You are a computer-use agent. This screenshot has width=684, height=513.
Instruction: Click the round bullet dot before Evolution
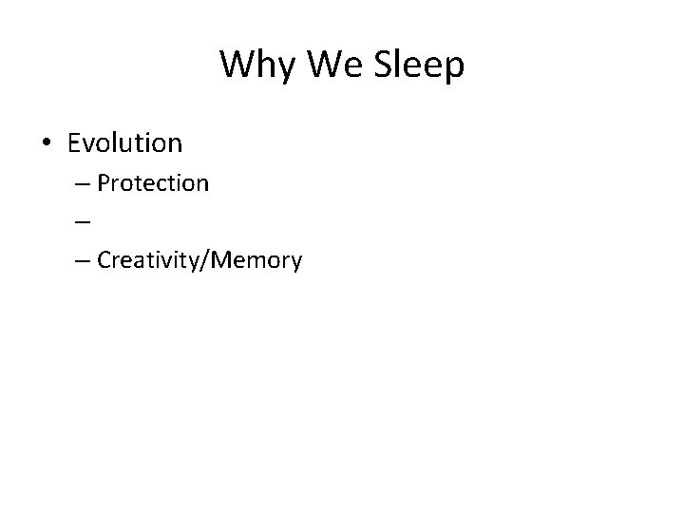[47, 144]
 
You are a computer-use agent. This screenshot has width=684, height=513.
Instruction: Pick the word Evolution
[124, 143]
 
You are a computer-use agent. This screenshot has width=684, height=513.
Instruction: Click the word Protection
[152, 182]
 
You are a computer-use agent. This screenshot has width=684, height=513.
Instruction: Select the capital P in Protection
[104, 182]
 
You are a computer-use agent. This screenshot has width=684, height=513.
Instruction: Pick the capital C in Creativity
[104, 259]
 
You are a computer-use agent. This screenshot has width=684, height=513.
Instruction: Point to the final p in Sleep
[454, 68]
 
